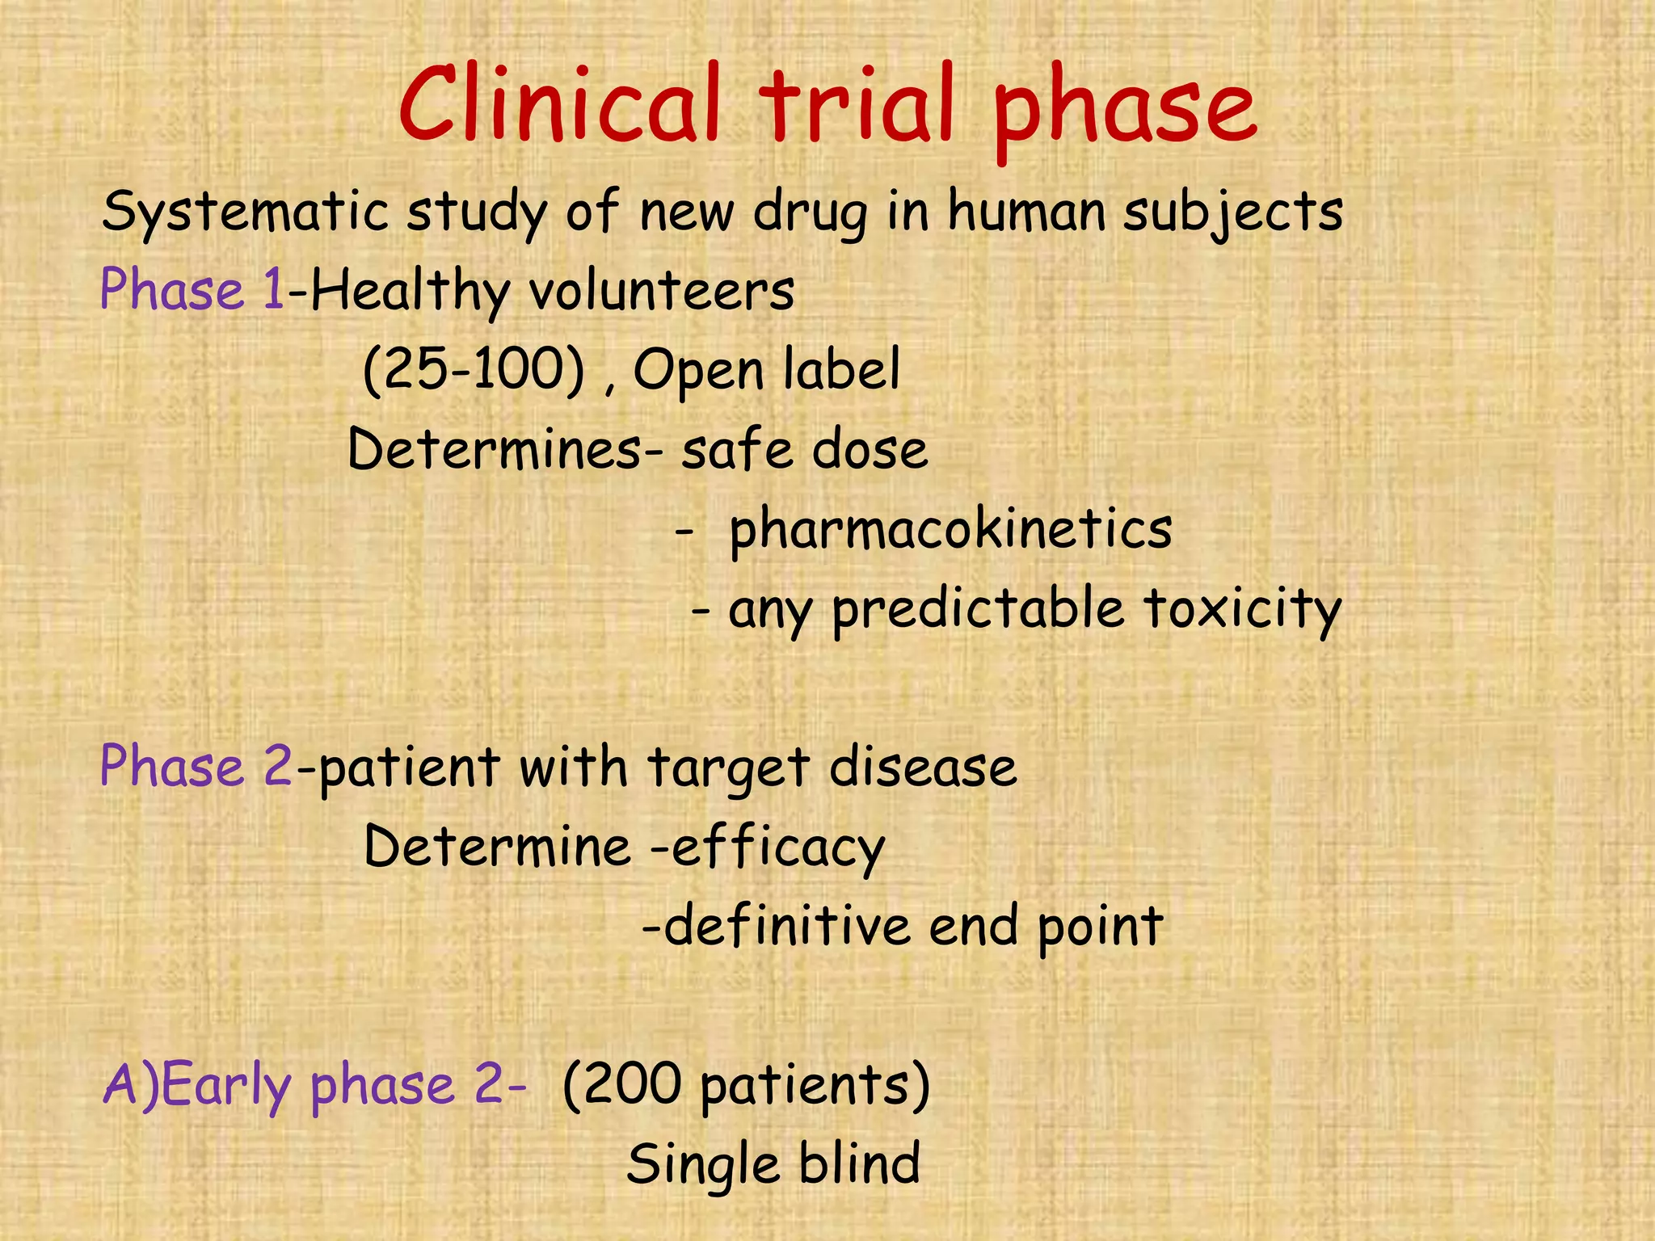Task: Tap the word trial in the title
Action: click(857, 105)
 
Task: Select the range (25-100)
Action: click(474, 369)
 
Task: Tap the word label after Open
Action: click(841, 369)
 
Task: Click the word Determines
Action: click(495, 449)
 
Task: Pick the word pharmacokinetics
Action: click(950, 529)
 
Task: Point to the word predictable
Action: click(979, 608)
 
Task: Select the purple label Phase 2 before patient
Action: click(196, 766)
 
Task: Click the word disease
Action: click(923, 766)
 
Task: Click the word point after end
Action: click(1100, 926)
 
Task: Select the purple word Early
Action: click(226, 1084)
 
